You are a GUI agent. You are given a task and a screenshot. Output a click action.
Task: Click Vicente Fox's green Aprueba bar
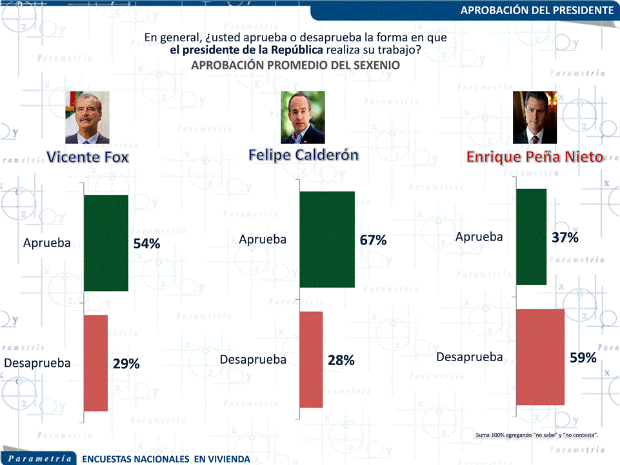pyautogui.click(x=106, y=242)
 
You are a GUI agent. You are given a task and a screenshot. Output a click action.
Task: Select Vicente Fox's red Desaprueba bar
pyautogui.click(x=96, y=362)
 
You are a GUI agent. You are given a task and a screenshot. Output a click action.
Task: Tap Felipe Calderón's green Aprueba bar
pyautogui.click(x=327, y=239)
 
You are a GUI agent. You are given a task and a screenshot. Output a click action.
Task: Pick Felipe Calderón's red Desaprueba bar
pyautogui.click(x=311, y=359)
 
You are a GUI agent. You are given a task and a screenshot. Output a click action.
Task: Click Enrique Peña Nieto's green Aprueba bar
pyautogui.click(x=532, y=237)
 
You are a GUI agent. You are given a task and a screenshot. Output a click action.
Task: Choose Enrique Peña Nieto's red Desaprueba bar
pyautogui.click(x=541, y=357)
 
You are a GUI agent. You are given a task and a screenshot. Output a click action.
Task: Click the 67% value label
pyautogui.click(x=373, y=240)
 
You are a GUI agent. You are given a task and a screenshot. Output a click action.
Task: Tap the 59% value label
pyautogui.click(x=583, y=357)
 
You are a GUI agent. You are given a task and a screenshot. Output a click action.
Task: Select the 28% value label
pyautogui.click(x=341, y=361)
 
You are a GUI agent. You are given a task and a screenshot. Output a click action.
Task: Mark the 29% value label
pyautogui.click(x=126, y=364)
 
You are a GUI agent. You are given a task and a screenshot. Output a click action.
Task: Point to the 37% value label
pyautogui.click(x=565, y=237)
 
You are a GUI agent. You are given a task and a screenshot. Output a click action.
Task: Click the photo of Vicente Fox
pyautogui.click(x=87, y=117)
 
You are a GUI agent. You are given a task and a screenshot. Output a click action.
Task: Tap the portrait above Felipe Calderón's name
pyautogui.click(x=303, y=117)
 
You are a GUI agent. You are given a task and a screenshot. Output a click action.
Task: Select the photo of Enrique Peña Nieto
pyautogui.click(x=534, y=117)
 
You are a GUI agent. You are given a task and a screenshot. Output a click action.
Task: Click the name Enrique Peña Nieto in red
pyautogui.click(x=534, y=157)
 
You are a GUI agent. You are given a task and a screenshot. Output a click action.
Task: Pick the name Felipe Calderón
pyautogui.click(x=303, y=155)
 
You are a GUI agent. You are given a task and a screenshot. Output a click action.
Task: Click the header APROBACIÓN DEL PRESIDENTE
pyautogui.click(x=537, y=10)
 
